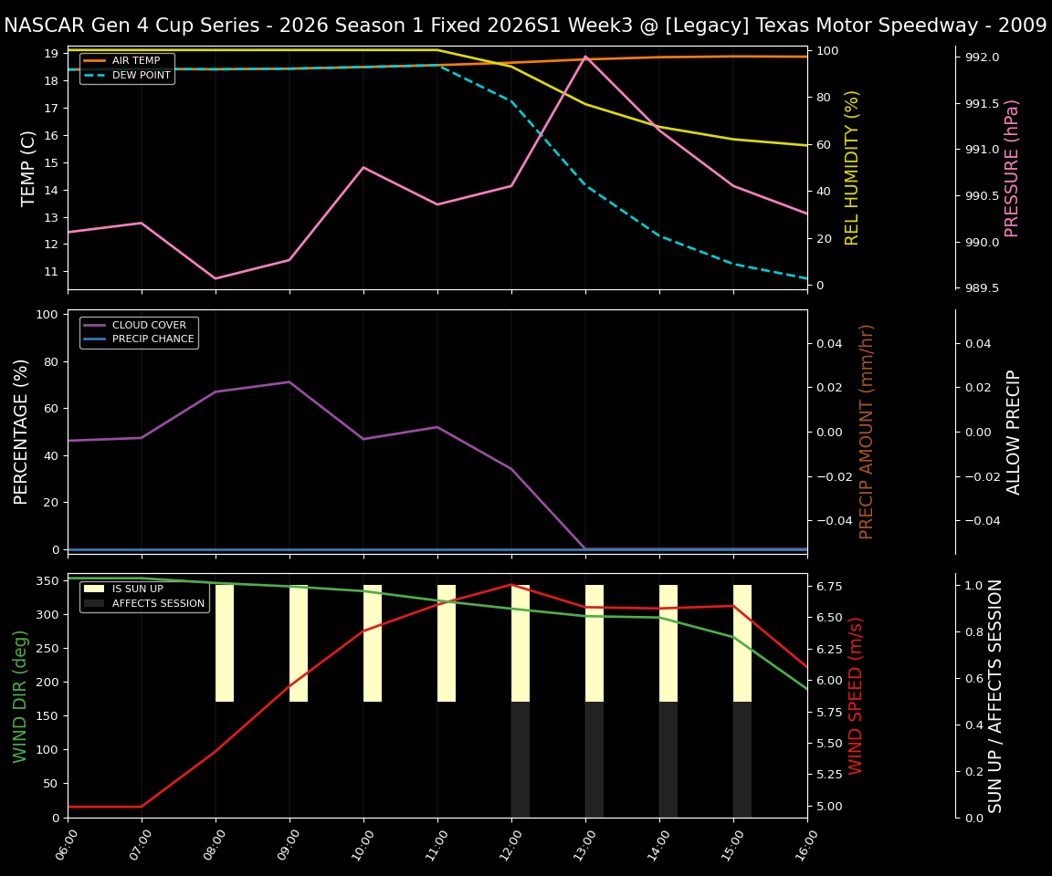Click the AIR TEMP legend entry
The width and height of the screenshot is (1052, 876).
[x=135, y=61]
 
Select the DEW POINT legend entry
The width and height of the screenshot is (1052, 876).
[x=141, y=76]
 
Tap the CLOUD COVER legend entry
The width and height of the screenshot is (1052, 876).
[x=149, y=325]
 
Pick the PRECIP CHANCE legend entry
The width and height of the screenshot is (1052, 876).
[x=153, y=339]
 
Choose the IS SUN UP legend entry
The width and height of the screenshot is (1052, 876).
[x=137, y=589]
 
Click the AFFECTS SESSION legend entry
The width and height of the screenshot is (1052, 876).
[x=158, y=604]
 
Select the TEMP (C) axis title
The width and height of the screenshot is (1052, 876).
[x=29, y=168]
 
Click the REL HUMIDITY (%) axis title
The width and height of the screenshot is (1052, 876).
[x=853, y=168]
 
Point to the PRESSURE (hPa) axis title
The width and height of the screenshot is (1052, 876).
[x=1012, y=168]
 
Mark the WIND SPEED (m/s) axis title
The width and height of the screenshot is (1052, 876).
[x=856, y=695]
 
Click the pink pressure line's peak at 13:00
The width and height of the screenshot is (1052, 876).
[x=585, y=57]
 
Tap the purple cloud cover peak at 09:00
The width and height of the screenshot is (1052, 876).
[x=289, y=381]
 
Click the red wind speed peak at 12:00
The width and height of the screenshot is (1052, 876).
[x=511, y=584]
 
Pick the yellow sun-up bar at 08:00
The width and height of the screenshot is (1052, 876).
[x=225, y=643]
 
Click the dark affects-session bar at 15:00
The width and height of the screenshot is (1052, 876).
[x=742, y=759]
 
